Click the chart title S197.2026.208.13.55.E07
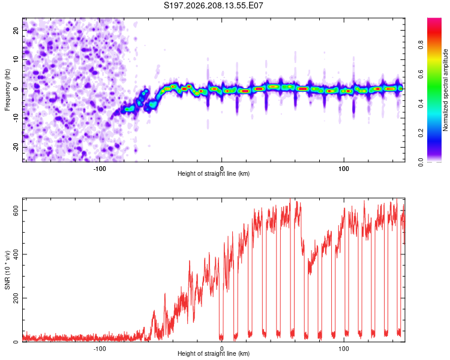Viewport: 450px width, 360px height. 213,5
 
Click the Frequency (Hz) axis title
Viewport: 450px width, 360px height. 7,90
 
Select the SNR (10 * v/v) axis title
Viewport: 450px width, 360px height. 7,270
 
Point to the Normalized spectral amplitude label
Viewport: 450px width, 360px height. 445,90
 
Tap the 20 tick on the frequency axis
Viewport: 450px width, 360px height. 16,31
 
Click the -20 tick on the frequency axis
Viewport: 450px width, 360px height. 16,147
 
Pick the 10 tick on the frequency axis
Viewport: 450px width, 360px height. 16,59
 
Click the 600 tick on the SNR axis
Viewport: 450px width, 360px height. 16,211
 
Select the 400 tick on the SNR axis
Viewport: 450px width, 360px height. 16,254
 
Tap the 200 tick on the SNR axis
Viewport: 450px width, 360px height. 16,298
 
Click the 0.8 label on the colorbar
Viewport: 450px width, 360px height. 421,45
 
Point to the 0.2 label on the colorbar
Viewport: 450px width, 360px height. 421,133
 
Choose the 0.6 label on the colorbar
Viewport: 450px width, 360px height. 421,74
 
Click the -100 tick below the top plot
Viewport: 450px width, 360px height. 99,169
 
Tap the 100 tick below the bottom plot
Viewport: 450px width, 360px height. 344,349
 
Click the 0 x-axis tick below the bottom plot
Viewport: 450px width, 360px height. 221,349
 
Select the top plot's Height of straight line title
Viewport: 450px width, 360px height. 214,173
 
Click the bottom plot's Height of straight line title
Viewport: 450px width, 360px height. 214,353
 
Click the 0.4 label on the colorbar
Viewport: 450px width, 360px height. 421,103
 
